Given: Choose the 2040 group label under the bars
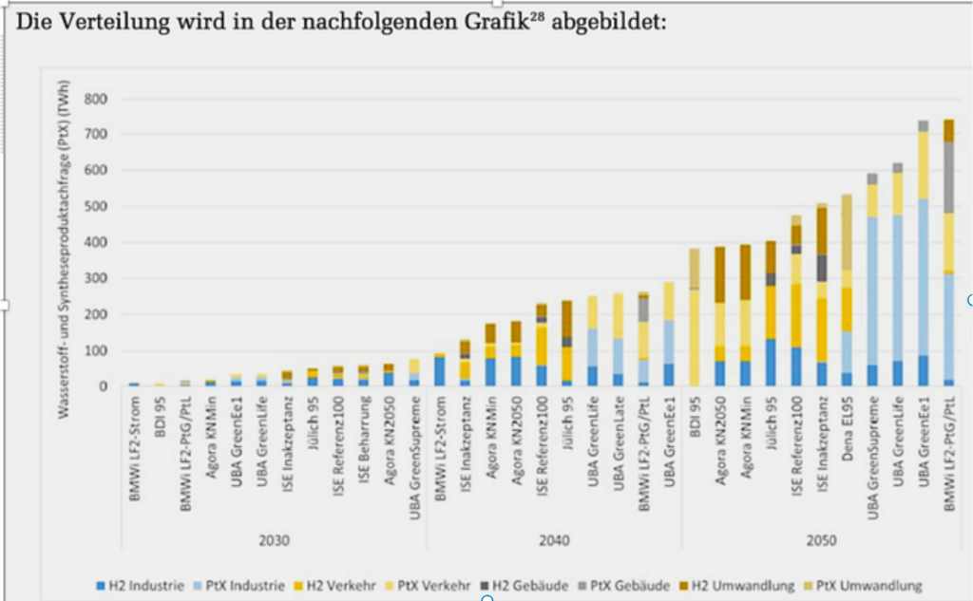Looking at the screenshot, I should click(x=554, y=540).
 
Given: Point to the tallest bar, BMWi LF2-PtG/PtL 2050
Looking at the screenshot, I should click(x=947, y=256).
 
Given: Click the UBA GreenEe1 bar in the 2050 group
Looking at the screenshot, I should click(x=922, y=256).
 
